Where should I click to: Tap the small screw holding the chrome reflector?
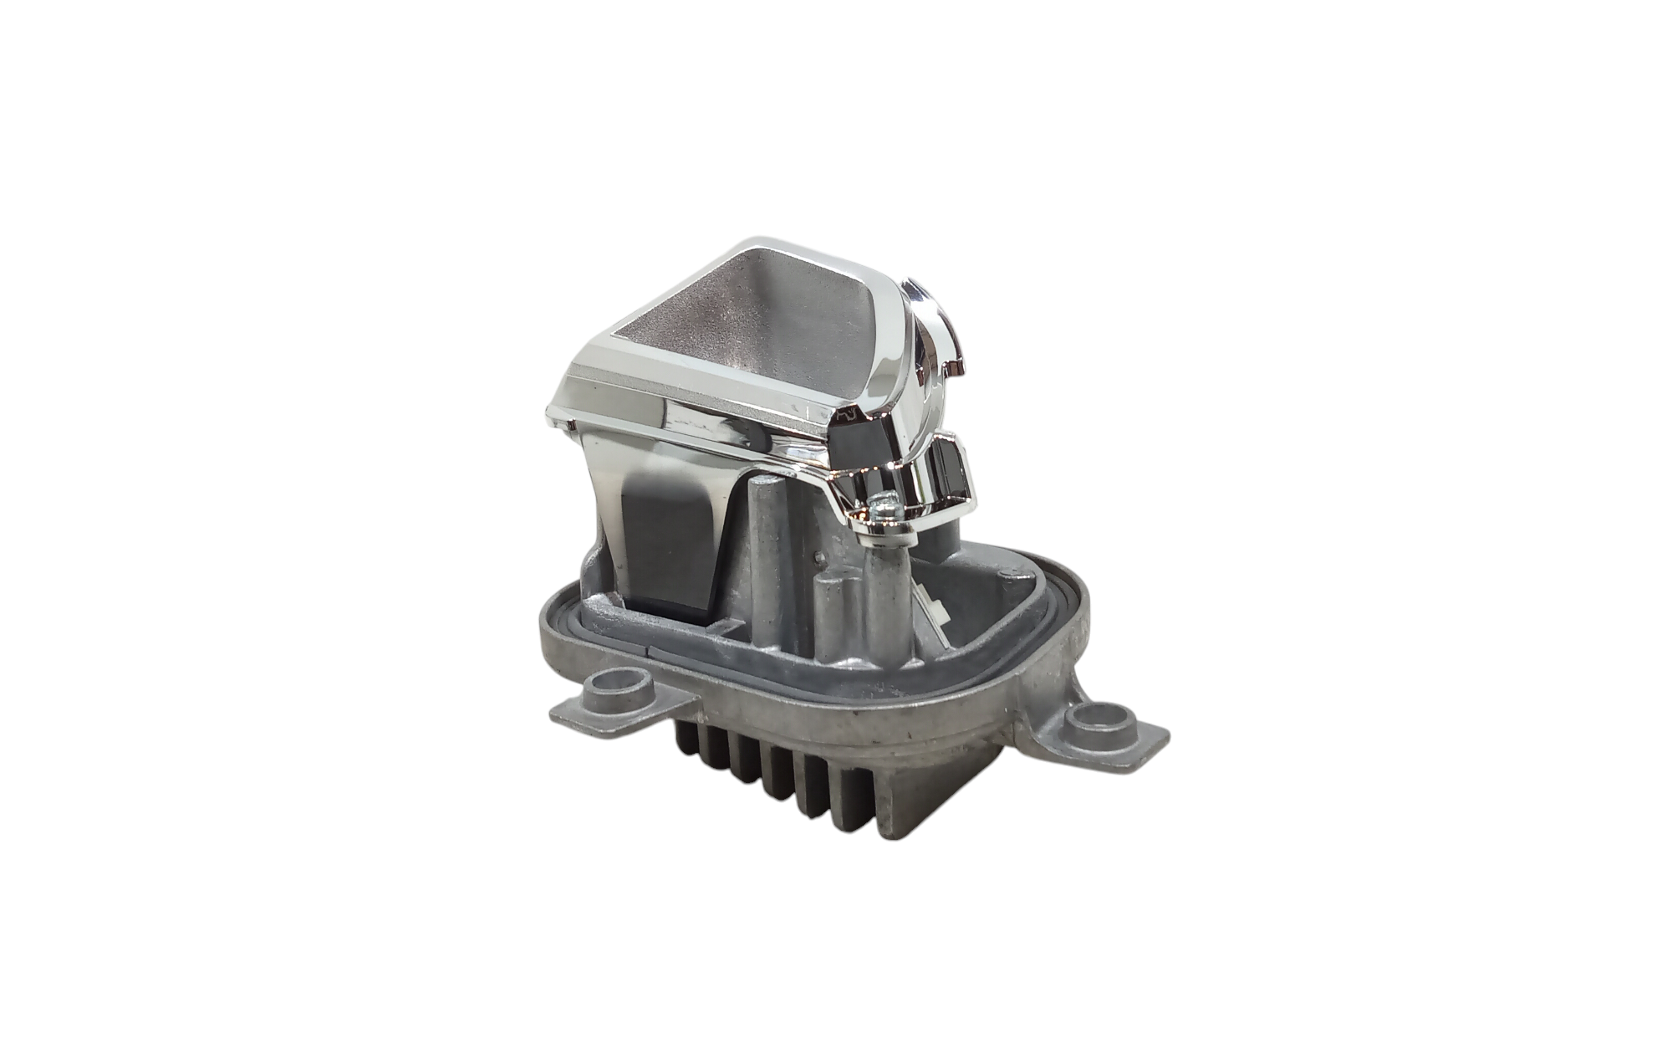coord(882,504)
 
